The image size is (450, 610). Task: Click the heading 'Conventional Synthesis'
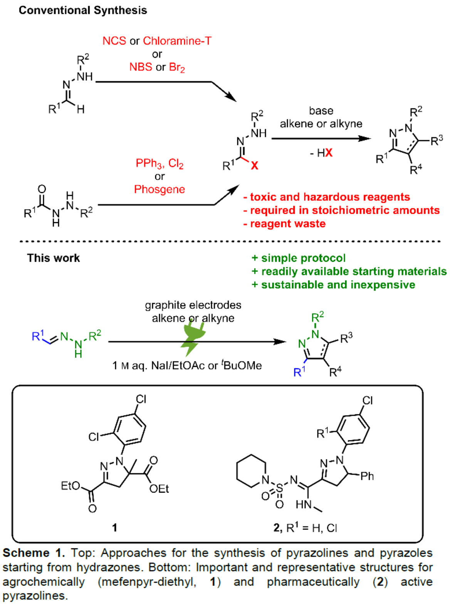83,10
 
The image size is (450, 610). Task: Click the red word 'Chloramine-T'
177,41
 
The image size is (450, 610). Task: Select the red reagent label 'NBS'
141,67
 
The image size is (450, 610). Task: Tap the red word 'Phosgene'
160,189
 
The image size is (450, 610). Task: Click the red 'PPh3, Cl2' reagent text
160,164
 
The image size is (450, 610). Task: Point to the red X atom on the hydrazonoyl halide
254,166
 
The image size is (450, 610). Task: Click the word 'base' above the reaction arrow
321,111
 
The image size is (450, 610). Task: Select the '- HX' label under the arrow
321,153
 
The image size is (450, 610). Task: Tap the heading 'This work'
53,258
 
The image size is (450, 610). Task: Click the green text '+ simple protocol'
298,258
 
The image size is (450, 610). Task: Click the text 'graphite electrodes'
193,305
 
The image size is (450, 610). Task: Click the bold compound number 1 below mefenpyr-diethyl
114,527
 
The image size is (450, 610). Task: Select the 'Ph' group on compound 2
367,476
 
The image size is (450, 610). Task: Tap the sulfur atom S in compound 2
280,488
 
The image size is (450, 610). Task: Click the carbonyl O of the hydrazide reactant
42,189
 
